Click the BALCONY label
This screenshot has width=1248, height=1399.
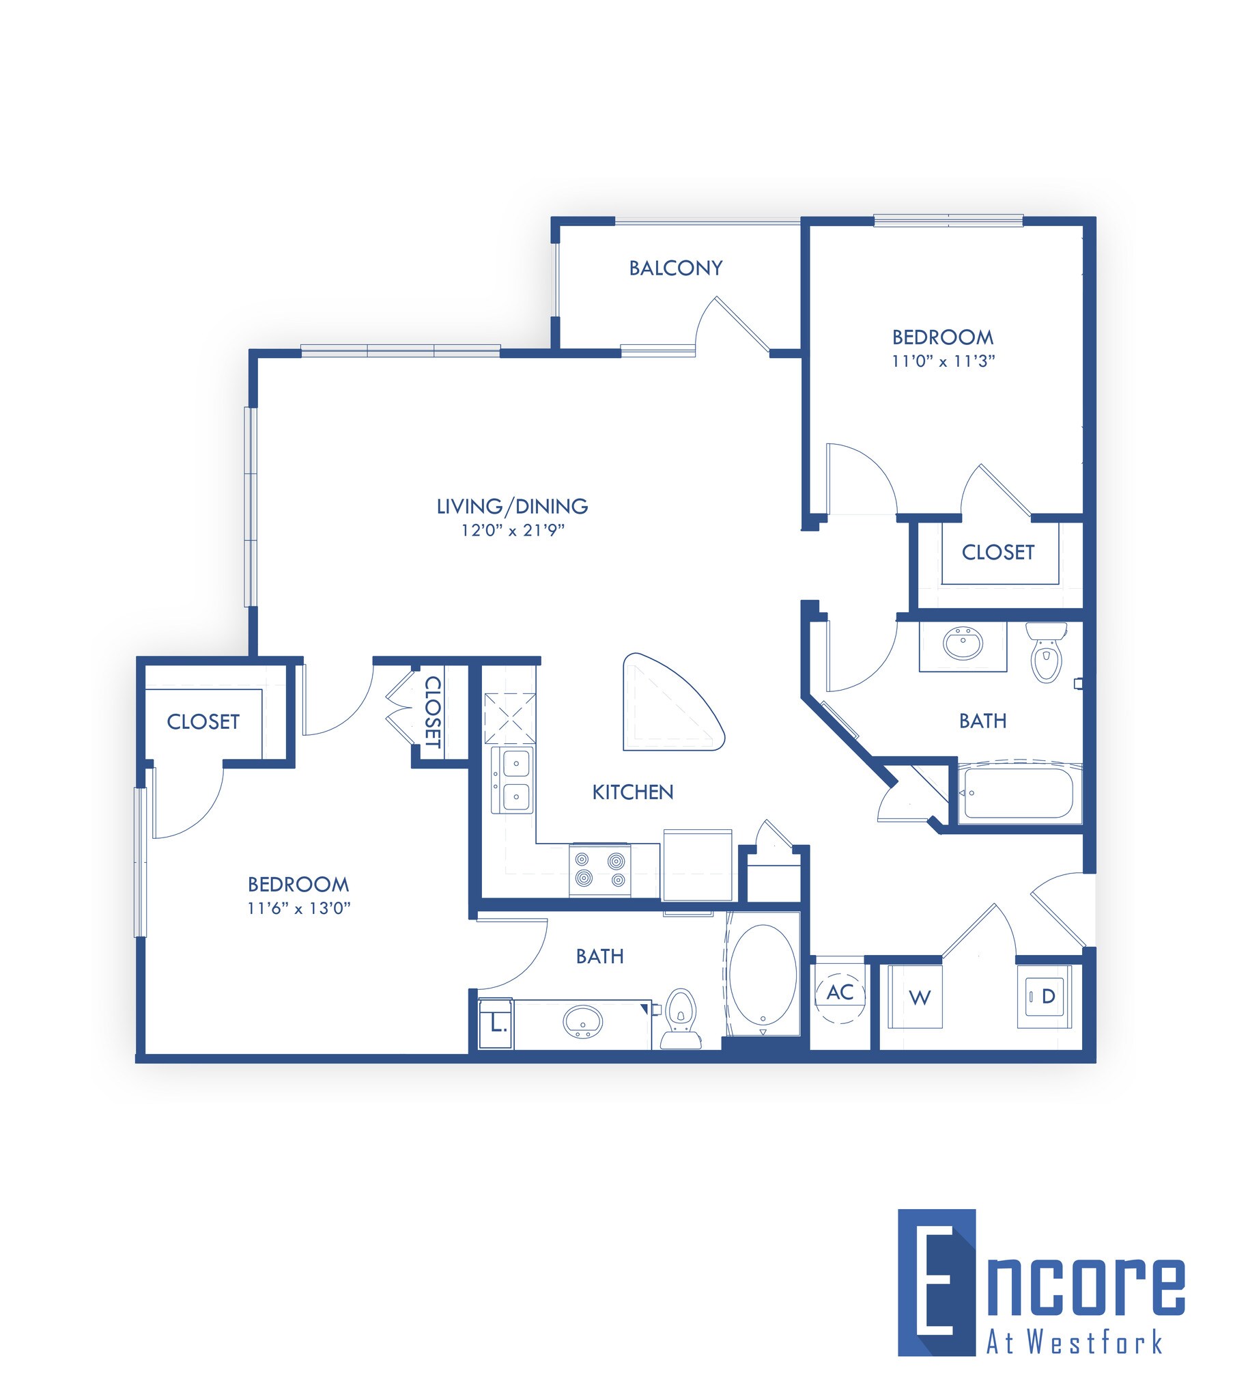(675, 268)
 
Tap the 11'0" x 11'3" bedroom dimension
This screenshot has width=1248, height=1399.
(943, 361)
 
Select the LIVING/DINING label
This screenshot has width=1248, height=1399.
(512, 507)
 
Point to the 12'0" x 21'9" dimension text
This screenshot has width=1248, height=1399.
(512, 530)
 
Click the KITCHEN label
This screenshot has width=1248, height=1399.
(632, 792)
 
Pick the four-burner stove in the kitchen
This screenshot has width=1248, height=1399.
(600, 870)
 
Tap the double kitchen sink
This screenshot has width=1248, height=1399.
(512, 780)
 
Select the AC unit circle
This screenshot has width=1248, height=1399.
(840, 993)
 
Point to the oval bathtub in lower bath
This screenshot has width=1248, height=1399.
(763, 974)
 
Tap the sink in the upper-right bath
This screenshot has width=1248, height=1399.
(963, 643)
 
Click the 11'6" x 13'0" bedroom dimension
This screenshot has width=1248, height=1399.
(299, 909)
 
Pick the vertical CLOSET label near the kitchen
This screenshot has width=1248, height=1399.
(433, 712)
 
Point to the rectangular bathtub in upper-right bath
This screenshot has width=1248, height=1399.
(1018, 793)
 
